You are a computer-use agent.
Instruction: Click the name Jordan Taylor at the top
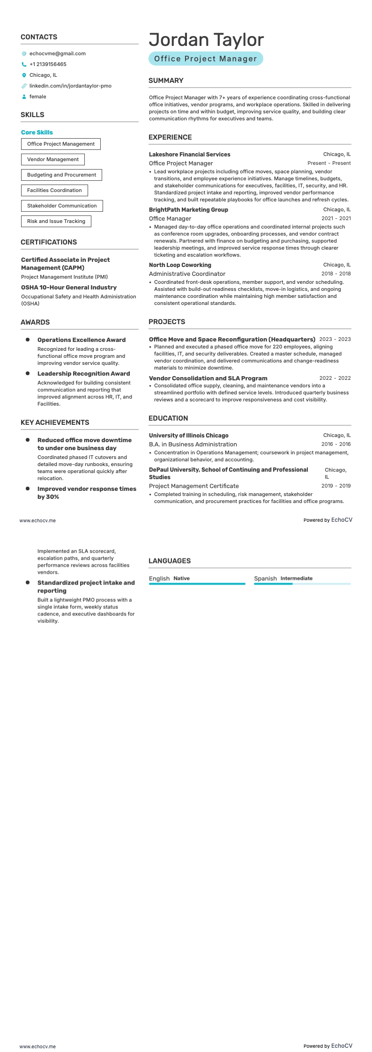pyautogui.click(x=206, y=40)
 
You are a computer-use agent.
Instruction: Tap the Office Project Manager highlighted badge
pyautogui.click(x=206, y=59)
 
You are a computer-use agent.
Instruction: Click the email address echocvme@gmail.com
pyautogui.click(x=57, y=53)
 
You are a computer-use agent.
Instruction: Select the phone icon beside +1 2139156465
pyautogui.click(x=24, y=64)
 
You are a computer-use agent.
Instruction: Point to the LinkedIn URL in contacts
pyautogui.click(x=70, y=86)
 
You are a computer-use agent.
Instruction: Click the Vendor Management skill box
pyautogui.click(x=53, y=159)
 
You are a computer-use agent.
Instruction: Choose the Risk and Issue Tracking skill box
pyautogui.click(x=56, y=221)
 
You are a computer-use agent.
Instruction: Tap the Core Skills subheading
pyautogui.click(x=37, y=133)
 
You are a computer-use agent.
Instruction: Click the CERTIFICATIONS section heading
pyautogui.click(x=49, y=242)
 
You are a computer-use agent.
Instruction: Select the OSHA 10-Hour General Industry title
pyautogui.click(x=69, y=288)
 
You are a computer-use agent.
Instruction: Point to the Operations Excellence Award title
pyautogui.click(x=82, y=340)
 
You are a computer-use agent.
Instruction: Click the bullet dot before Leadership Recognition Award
pyautogui.click(x=28, y=373)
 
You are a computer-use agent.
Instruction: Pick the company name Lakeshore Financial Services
pyautogui.click(x=189, y=154)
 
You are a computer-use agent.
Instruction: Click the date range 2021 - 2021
pyautogui.click(x=336, y=218)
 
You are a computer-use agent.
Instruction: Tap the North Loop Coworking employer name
pyautogui.click(x=180, y=265)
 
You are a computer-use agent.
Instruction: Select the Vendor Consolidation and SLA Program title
pyautogui.click(x=208, y=378)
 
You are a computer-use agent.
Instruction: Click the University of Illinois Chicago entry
pyautogui.click(x=188, y=435)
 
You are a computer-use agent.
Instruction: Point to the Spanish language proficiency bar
pyautogui.click(x=302, y=584)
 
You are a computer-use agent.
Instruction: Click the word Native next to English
pyautogui.click(x=181, y=578)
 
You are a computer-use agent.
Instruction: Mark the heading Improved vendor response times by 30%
pyautogui.click(x=87, y=492)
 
